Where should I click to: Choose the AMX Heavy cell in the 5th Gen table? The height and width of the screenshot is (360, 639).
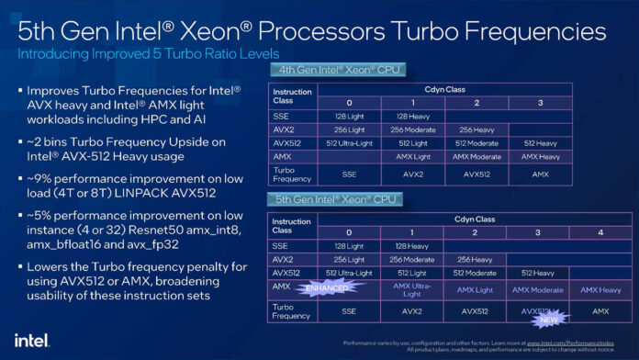(x=598, y=288)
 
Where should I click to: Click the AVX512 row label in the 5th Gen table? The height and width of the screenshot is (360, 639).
(x=287, y=272)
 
